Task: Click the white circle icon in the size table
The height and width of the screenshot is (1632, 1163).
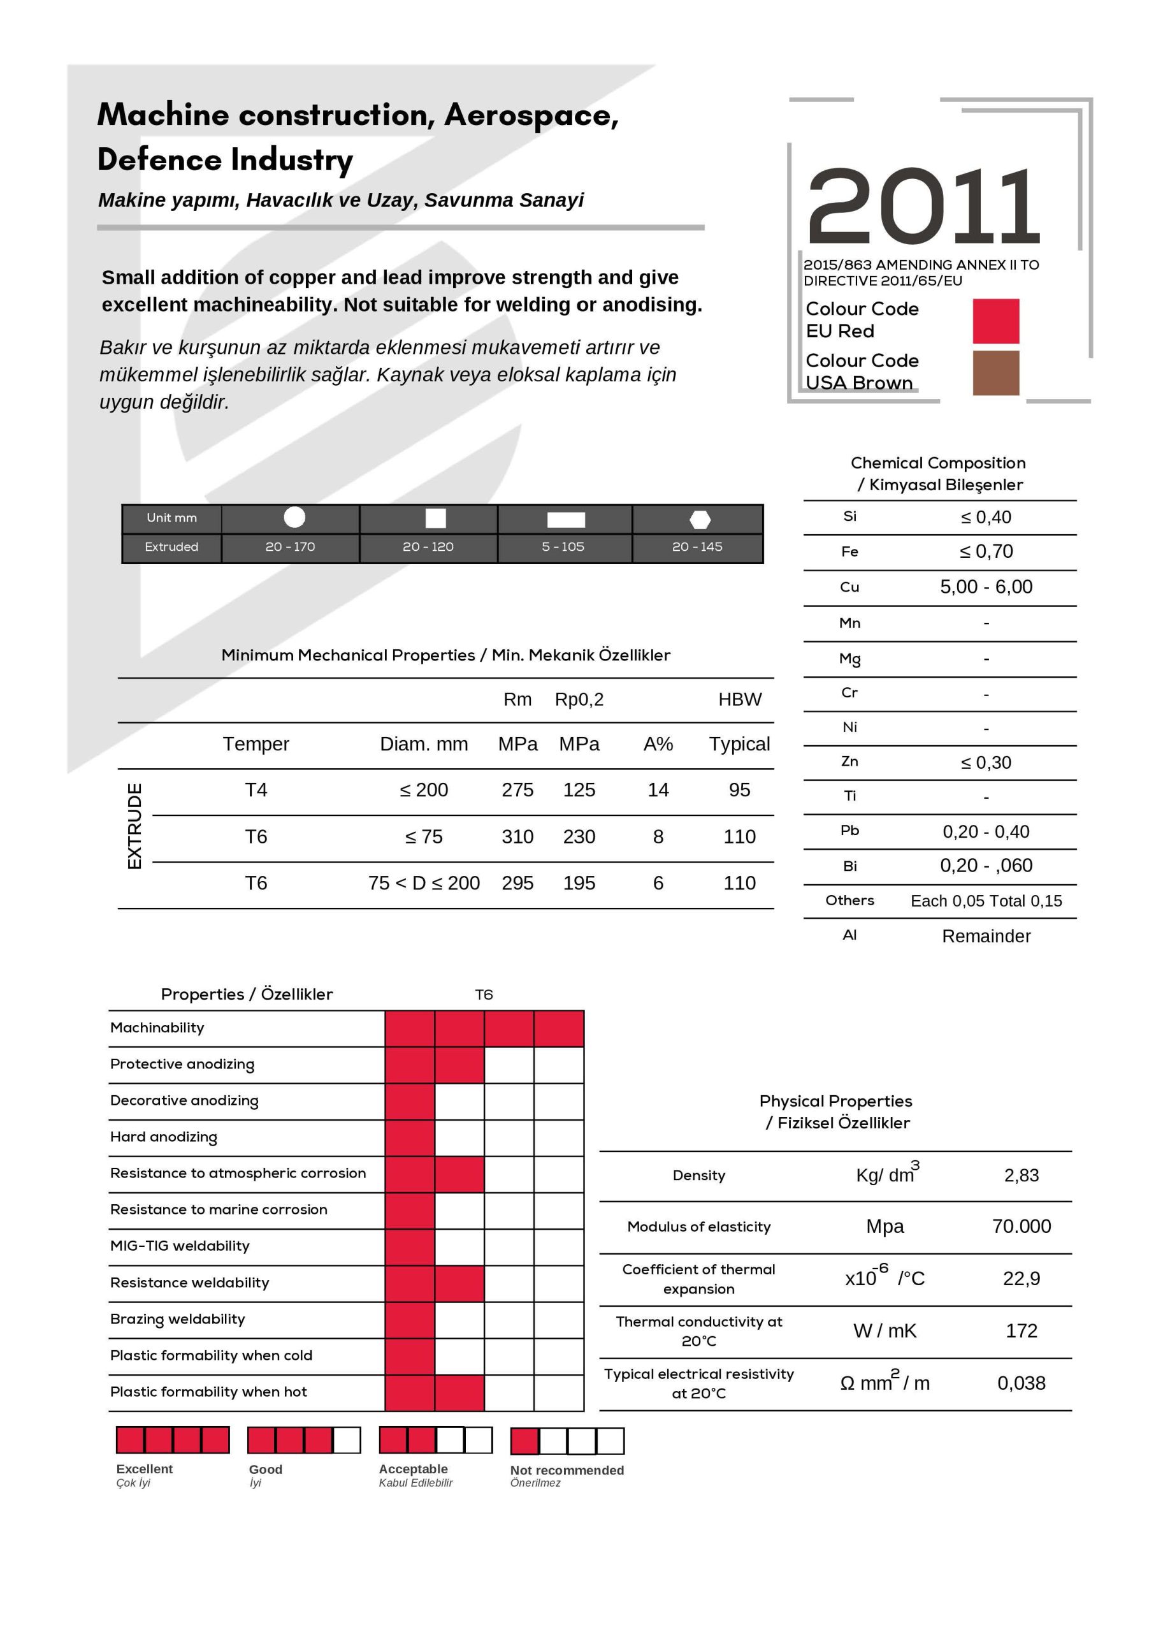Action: [x=294, y=517]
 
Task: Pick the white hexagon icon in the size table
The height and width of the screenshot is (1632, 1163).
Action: [x=700, y=520]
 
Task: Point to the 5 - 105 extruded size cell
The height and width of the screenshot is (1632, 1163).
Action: [x=563, y=546]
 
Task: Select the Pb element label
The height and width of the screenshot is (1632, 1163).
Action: [x=849, y=830]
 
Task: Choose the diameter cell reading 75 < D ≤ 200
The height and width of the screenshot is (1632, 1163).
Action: [x=424, y=883]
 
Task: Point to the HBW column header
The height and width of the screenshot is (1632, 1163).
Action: [x=740, y=699]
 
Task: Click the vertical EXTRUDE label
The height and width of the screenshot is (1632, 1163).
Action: [x=134, y=826]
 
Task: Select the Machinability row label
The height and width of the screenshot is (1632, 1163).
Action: [x=157, y=1028]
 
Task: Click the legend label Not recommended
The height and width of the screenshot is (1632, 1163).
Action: [x=567, y=1470]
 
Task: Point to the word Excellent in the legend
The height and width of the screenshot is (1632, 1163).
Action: [x=145, y=1469]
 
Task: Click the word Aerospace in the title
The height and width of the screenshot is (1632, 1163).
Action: [x=531, y=115]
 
